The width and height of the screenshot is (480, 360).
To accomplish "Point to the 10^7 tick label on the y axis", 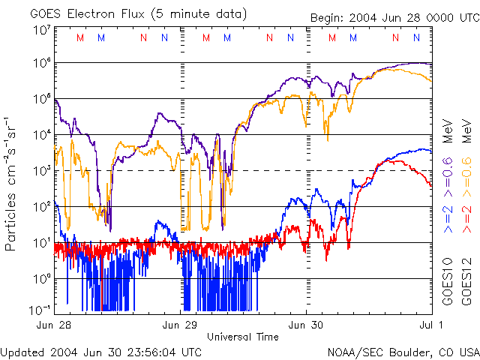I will pos(41,29).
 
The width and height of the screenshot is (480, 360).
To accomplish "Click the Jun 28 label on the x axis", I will pos(54,325).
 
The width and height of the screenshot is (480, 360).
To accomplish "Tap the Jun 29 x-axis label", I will pos(180,325).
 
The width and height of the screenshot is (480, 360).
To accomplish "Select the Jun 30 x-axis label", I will pos(306,325).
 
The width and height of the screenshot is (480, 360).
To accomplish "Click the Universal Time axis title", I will pos(242,337).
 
